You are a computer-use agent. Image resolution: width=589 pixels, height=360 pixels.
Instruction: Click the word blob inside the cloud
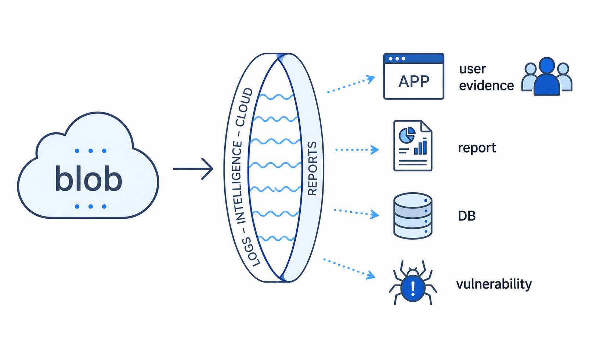88,178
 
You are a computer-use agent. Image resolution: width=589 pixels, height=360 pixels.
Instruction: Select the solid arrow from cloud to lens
193,169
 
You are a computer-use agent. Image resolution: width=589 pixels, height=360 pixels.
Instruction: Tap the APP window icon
413,76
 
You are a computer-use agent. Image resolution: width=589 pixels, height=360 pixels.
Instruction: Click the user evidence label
486,77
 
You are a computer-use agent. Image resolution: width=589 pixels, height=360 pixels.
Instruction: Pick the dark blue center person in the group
547,76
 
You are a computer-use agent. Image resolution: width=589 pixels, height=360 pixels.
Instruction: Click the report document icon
413,146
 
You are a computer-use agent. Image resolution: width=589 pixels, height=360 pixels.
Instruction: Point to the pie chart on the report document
407,135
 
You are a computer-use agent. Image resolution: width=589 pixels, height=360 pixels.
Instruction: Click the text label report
477,148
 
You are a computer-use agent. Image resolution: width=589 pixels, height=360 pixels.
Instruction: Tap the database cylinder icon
413,216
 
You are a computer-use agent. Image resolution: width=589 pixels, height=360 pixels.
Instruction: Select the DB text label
467,216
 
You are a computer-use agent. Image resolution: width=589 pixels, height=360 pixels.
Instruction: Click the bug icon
413,283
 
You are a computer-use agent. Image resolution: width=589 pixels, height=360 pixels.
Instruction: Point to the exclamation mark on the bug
413,288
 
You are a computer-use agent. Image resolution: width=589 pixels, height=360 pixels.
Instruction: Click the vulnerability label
494,284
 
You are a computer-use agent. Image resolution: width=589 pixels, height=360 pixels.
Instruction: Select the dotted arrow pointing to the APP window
351,84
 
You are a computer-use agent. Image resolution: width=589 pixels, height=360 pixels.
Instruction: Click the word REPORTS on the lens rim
312,169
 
